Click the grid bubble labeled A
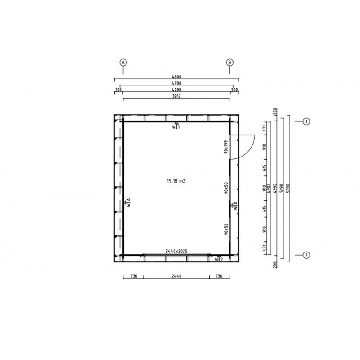point(122,63)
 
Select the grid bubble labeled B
point(229,63)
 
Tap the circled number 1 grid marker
point(306,121)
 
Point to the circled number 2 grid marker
point(306,255)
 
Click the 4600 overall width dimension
point(176,77)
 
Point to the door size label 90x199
point(226,147)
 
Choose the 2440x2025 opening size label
point(176,250)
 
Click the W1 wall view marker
point(176,126)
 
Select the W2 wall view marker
point(219,259)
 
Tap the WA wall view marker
point(128,202)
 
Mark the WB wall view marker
point(234,206)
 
